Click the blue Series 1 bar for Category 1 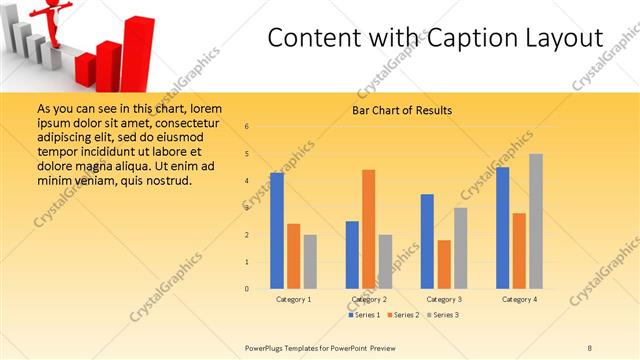(277, 231)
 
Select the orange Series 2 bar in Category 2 (368, 229)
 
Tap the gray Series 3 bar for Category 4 (535, 221)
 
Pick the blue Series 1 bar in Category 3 (427, 241)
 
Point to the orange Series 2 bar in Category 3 (444, 264)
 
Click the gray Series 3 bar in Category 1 (310, 262)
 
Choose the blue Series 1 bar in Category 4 (502, 228)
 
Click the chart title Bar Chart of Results (403, 110)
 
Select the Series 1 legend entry (365, 315)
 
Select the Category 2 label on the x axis (369, 299)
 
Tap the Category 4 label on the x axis (518, 299)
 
